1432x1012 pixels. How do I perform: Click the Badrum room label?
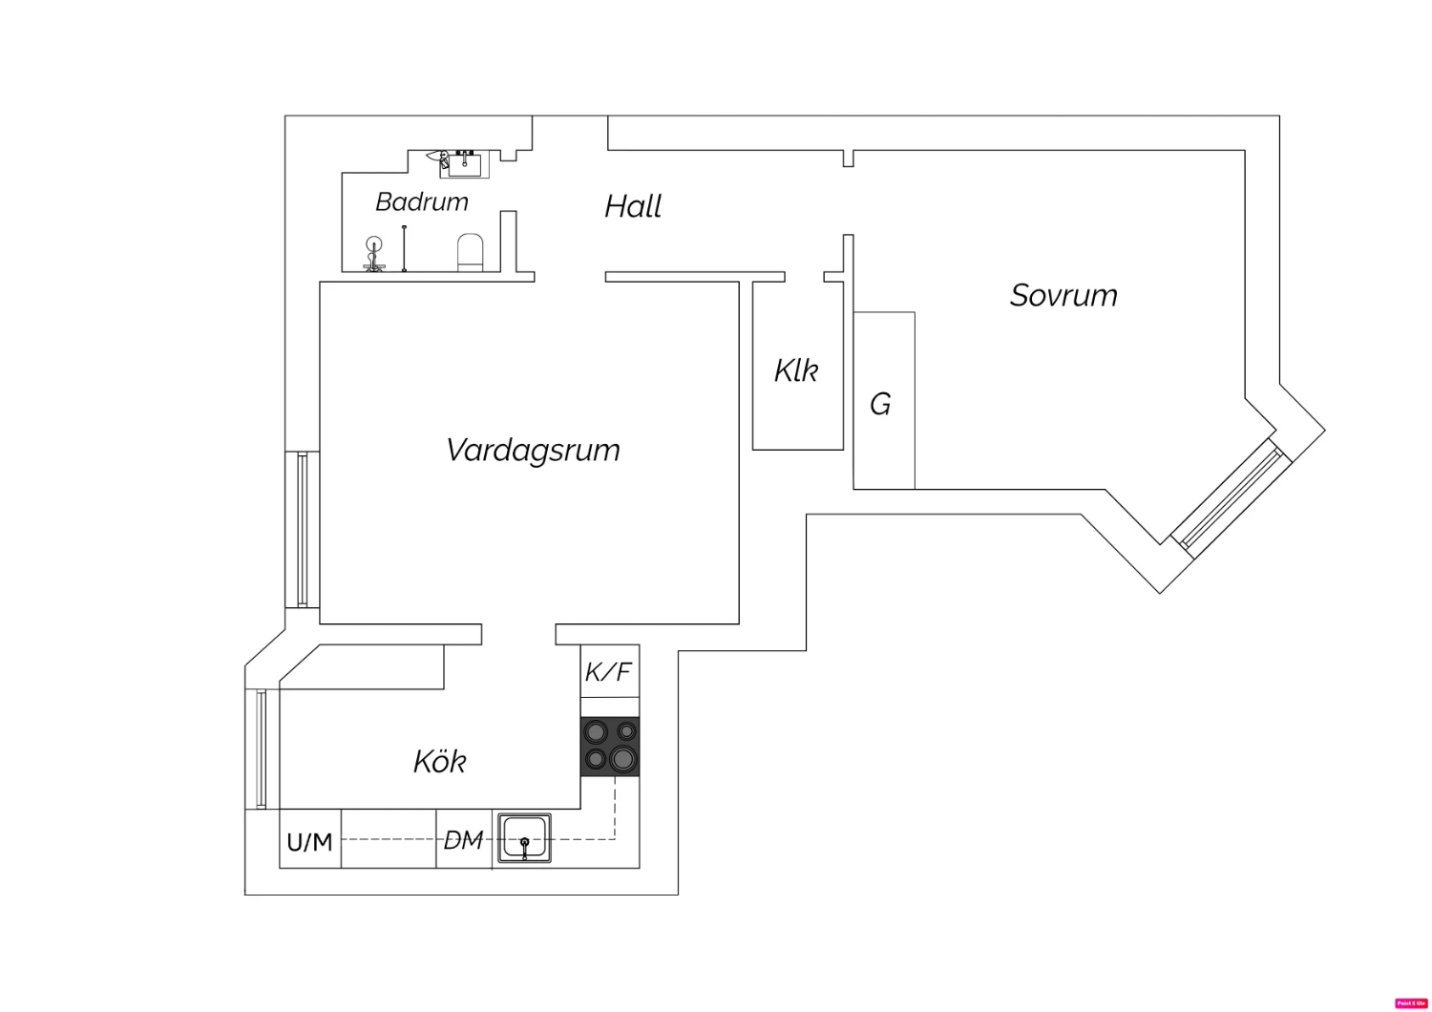[421, 201]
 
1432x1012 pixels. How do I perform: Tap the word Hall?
[633, 206]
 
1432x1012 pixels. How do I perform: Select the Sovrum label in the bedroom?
[1063, 295]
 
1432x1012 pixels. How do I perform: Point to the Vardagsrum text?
[533, 450]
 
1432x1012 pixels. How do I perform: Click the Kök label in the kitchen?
[440, 761]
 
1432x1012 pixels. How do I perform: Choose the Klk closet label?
[796, 370]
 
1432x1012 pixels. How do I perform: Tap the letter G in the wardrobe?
[880, 405]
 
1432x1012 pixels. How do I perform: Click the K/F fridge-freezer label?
[609, 672]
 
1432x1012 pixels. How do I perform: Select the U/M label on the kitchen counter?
[309, 842]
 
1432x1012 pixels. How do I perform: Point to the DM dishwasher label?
[464, 840]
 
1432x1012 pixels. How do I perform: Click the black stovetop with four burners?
[610, 746]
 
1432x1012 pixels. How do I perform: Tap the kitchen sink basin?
[523, 838]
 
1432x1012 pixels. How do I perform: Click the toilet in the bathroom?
[472, 253]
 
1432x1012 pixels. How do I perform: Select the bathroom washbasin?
[464, 163]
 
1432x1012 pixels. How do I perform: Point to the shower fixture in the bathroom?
[374, 253]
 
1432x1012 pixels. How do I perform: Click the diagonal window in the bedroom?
[1228, 496]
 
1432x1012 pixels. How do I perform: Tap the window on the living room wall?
[302, 530]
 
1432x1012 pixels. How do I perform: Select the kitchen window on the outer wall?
[261, 749]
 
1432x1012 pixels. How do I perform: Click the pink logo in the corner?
[1410, 1003]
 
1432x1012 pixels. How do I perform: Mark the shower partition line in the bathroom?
[404, 248]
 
